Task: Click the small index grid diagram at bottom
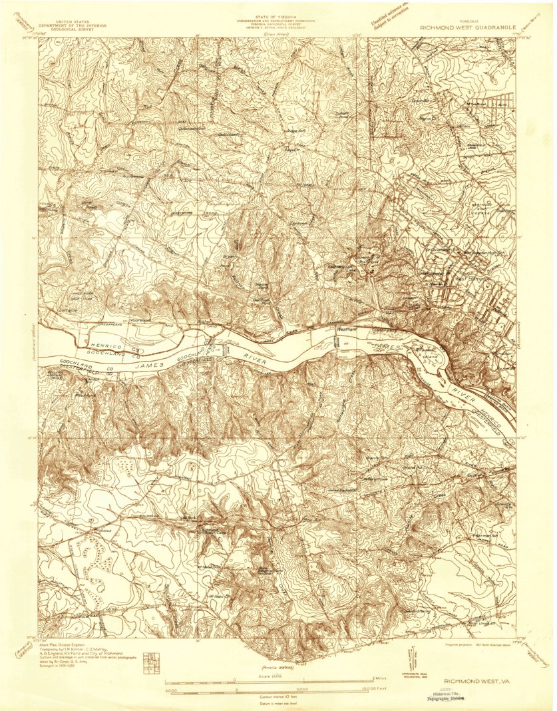click(154, 659)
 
